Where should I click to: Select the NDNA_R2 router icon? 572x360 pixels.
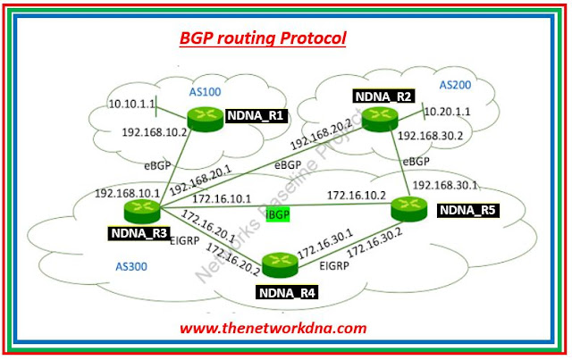[x=377, y=114]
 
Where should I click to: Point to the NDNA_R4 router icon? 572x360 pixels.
[x=281, y=263]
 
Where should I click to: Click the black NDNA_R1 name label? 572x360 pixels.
[x=252, y=115]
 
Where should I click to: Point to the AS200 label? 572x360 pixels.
[x=457, y=85]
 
